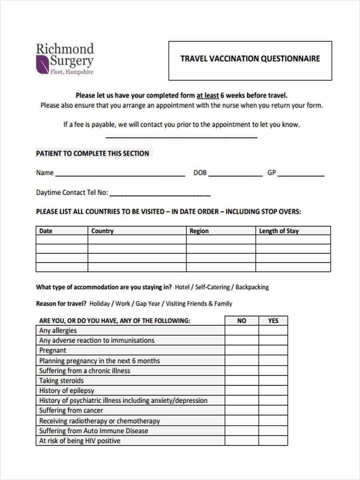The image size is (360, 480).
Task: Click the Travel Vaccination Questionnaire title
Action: point(250,59)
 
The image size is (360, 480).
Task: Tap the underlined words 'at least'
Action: point(207,96)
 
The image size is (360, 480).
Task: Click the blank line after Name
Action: point(120,174)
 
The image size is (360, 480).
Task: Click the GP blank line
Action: point(301,174)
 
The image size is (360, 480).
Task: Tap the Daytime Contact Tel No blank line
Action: point(160,193)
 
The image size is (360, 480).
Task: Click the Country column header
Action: point(102,231)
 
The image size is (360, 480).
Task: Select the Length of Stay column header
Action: point(279,231)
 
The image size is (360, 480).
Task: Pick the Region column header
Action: point(199,231)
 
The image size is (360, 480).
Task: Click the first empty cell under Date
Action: point(62,240)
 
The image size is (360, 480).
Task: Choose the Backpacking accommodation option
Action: point(252,287)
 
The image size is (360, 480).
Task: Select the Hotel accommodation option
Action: point(182,287)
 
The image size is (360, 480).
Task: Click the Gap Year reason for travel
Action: point(148,304)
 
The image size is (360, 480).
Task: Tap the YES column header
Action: point(273,321)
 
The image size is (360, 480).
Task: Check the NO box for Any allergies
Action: point(242,330)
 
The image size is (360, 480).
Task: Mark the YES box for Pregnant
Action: point(273,350)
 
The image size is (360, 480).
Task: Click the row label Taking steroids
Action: point(61,381)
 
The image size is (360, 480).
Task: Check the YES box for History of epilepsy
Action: point(273,390)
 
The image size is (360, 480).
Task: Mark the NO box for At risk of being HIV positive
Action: point(242,441)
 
